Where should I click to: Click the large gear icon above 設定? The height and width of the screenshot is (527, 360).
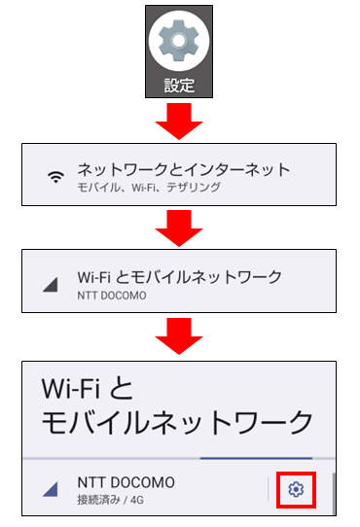point(179,42)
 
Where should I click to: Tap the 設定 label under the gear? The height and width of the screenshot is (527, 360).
point(179,85)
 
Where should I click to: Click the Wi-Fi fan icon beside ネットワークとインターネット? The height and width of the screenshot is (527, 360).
point(56,176)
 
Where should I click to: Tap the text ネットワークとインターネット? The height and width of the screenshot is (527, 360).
point(184,168)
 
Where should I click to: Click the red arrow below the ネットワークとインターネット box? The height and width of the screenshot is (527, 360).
point(179,228)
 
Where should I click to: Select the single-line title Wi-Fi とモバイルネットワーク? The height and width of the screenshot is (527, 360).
point(179,276)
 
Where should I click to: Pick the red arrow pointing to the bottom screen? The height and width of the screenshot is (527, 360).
point(179,335)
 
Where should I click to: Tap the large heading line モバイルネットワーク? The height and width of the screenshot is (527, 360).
point(178,422)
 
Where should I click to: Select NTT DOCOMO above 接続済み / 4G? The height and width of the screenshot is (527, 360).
point(127,483)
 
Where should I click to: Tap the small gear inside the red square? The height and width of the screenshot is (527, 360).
point(297,490)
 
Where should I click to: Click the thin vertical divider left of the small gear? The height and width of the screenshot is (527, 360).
point(269,490)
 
